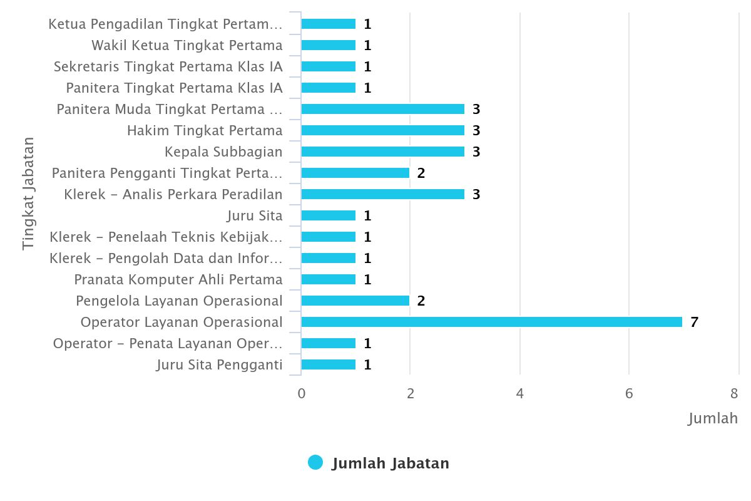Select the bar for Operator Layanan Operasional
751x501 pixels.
[x=491, y=322]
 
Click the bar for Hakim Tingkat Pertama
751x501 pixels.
[x=382, y=130]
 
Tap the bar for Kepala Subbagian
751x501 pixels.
[x=382, y=152]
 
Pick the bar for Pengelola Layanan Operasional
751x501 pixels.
[x=355, y=301]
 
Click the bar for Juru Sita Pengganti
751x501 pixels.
[x=328, y=364]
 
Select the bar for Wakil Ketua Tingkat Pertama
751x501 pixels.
[x=328, y=45]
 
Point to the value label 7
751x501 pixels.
[x=694, y=323]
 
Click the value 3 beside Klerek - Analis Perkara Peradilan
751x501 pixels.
[x=476, y=195]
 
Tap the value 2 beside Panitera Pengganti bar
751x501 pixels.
[x=421, y=173]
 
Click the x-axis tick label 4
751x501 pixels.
[x=519, y=394]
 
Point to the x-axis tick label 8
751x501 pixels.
[x=734, y=394]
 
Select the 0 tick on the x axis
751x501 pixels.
[x=302, y=394]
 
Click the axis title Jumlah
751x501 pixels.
[x=713, y=418]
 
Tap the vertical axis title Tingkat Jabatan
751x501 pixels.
[x=28, y=194]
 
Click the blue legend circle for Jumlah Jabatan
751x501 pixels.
[x=315, y=463]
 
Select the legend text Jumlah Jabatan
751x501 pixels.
[x=390, y=463]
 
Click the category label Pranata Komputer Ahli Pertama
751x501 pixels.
[x=178, y=279]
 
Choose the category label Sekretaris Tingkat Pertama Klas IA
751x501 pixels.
[x=168, y=66]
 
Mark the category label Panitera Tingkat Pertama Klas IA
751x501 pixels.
[x=174, y=88]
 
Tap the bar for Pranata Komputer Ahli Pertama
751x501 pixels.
[x=328, y=279]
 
